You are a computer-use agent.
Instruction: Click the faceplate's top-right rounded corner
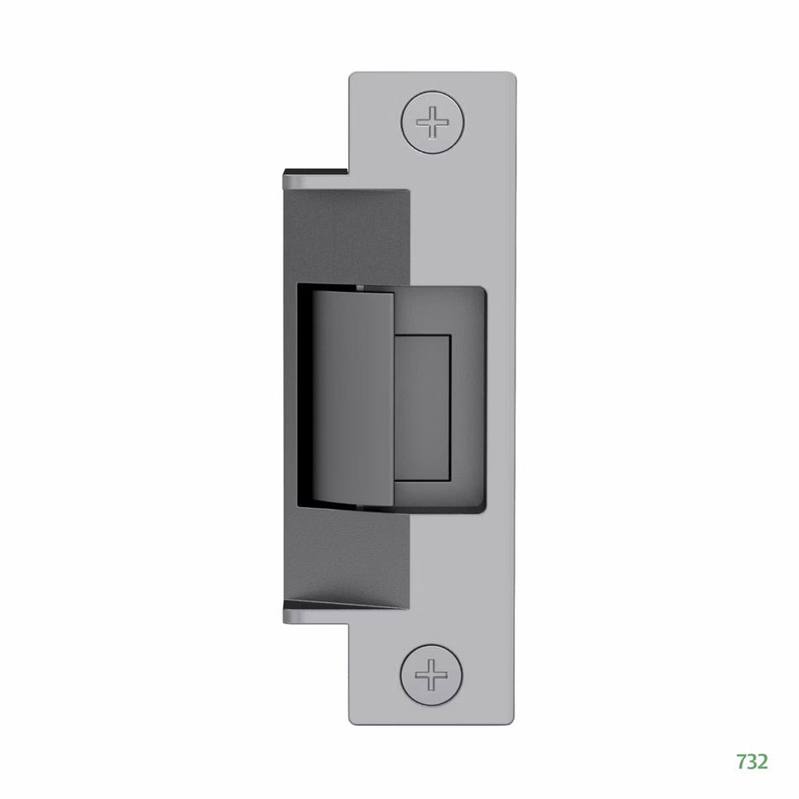[x=510, y=78]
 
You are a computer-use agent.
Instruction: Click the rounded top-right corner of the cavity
[x=481, y=291]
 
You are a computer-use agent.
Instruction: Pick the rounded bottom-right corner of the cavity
[x=481, y=507]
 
